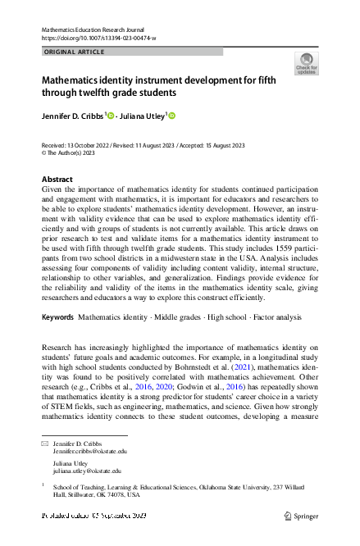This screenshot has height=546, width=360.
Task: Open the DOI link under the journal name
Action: click(98, 39)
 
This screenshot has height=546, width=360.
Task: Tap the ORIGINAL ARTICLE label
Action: click(73, 52)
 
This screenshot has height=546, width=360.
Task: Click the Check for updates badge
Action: click(306, 64)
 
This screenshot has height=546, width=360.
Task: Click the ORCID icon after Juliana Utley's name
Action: click(172, 116)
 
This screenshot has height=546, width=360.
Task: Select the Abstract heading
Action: click(57, 179)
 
